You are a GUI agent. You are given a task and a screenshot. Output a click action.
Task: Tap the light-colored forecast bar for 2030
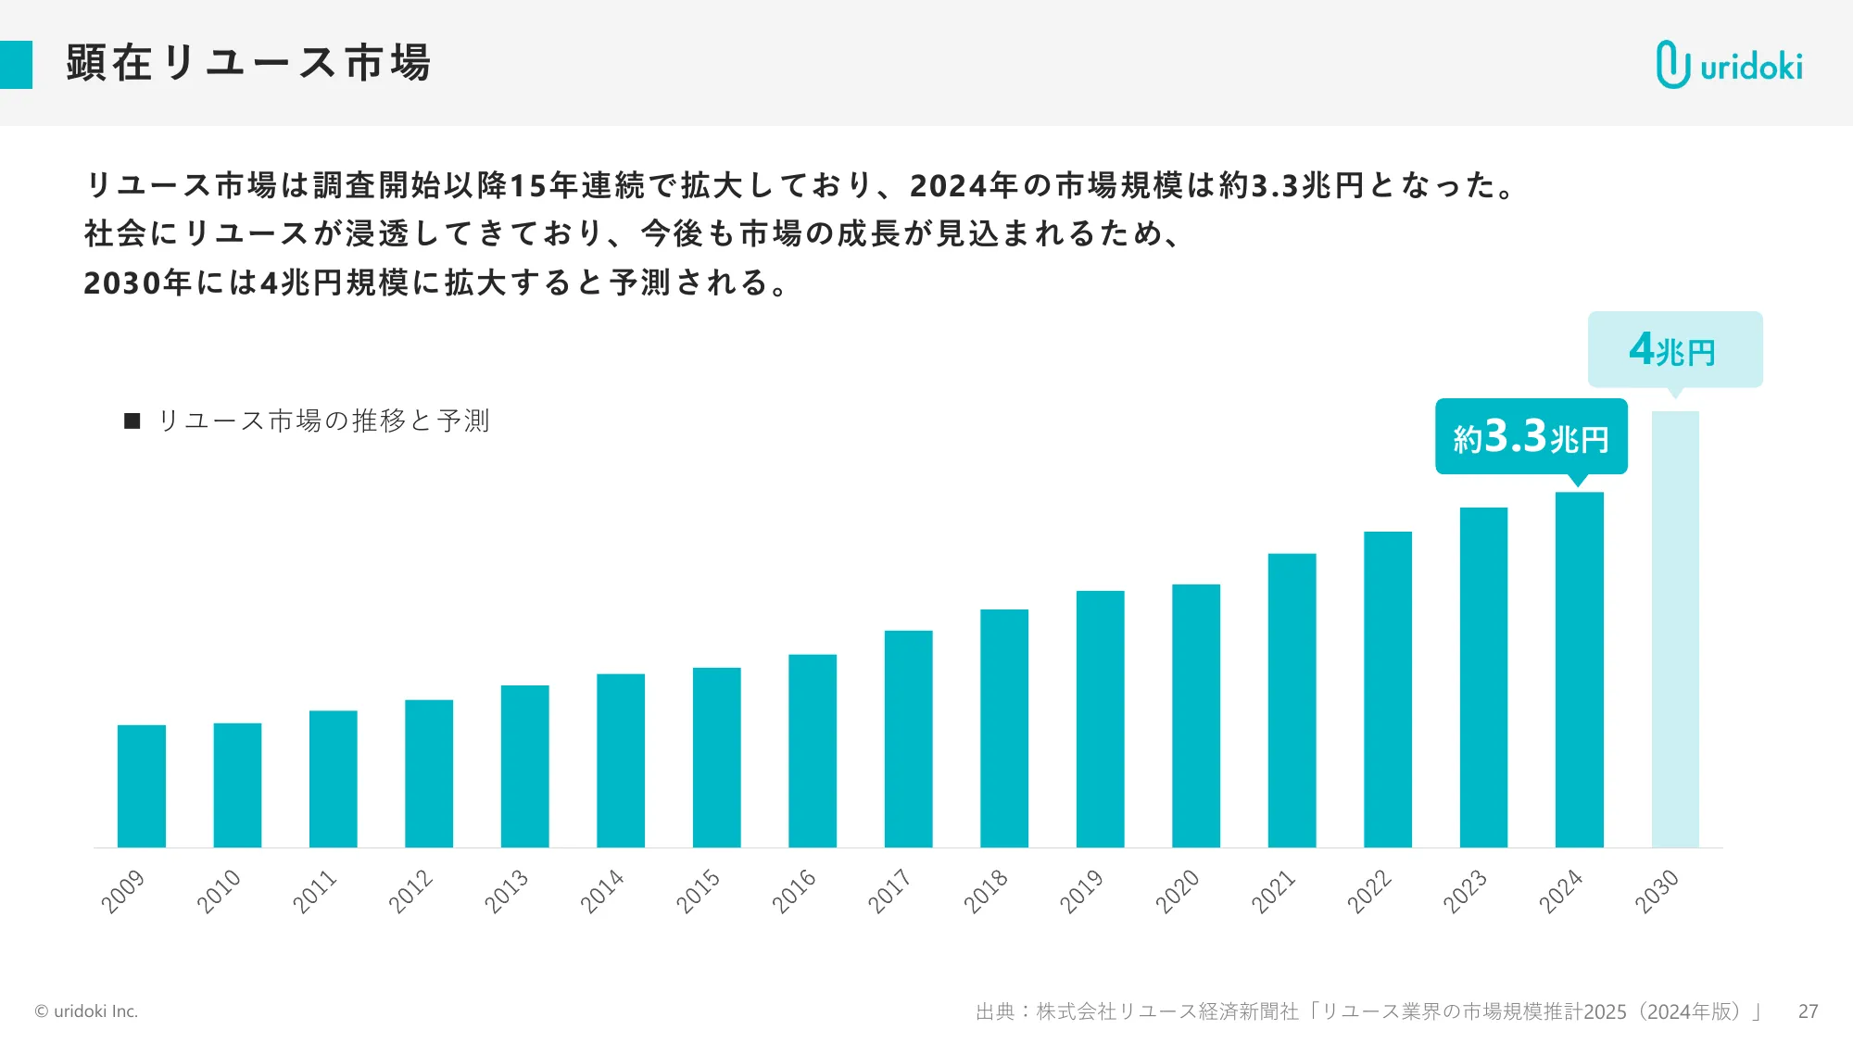click(x=1675, y=629)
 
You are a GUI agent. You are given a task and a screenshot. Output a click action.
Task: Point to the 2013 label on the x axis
click(x=506, y=891)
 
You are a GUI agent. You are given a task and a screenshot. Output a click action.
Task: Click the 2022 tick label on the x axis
click(x=1368, y=891)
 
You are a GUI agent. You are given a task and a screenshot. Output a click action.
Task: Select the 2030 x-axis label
click(x=1657, y=891)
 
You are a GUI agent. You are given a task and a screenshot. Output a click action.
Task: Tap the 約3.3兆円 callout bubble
click(x=1531, y=436)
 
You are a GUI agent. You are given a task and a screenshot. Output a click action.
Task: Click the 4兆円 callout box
click(x=1674, y=349)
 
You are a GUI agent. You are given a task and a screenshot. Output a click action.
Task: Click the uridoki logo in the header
click(x=1729, y=65)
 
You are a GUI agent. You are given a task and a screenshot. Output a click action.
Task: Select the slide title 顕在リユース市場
click(x=248, y=63)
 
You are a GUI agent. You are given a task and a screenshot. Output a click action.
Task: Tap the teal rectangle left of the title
click(x=16, y=65)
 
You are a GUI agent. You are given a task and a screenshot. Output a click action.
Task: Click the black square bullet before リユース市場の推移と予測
click(x=132, y=421)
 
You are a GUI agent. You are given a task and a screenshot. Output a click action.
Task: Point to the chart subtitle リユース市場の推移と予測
click(x=323, y=421)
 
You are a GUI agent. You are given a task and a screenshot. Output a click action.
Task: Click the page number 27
click(x=1808, y=1011)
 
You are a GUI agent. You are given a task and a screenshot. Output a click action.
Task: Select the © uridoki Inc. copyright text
click(x=86, y=1011)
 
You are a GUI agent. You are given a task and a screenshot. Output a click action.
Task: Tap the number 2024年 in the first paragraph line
click(x=964, y=185)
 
